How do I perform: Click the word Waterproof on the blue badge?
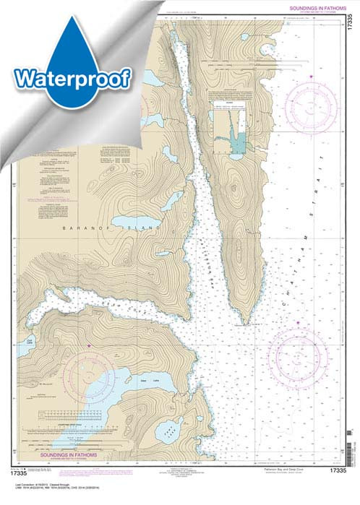click(71, 77)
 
